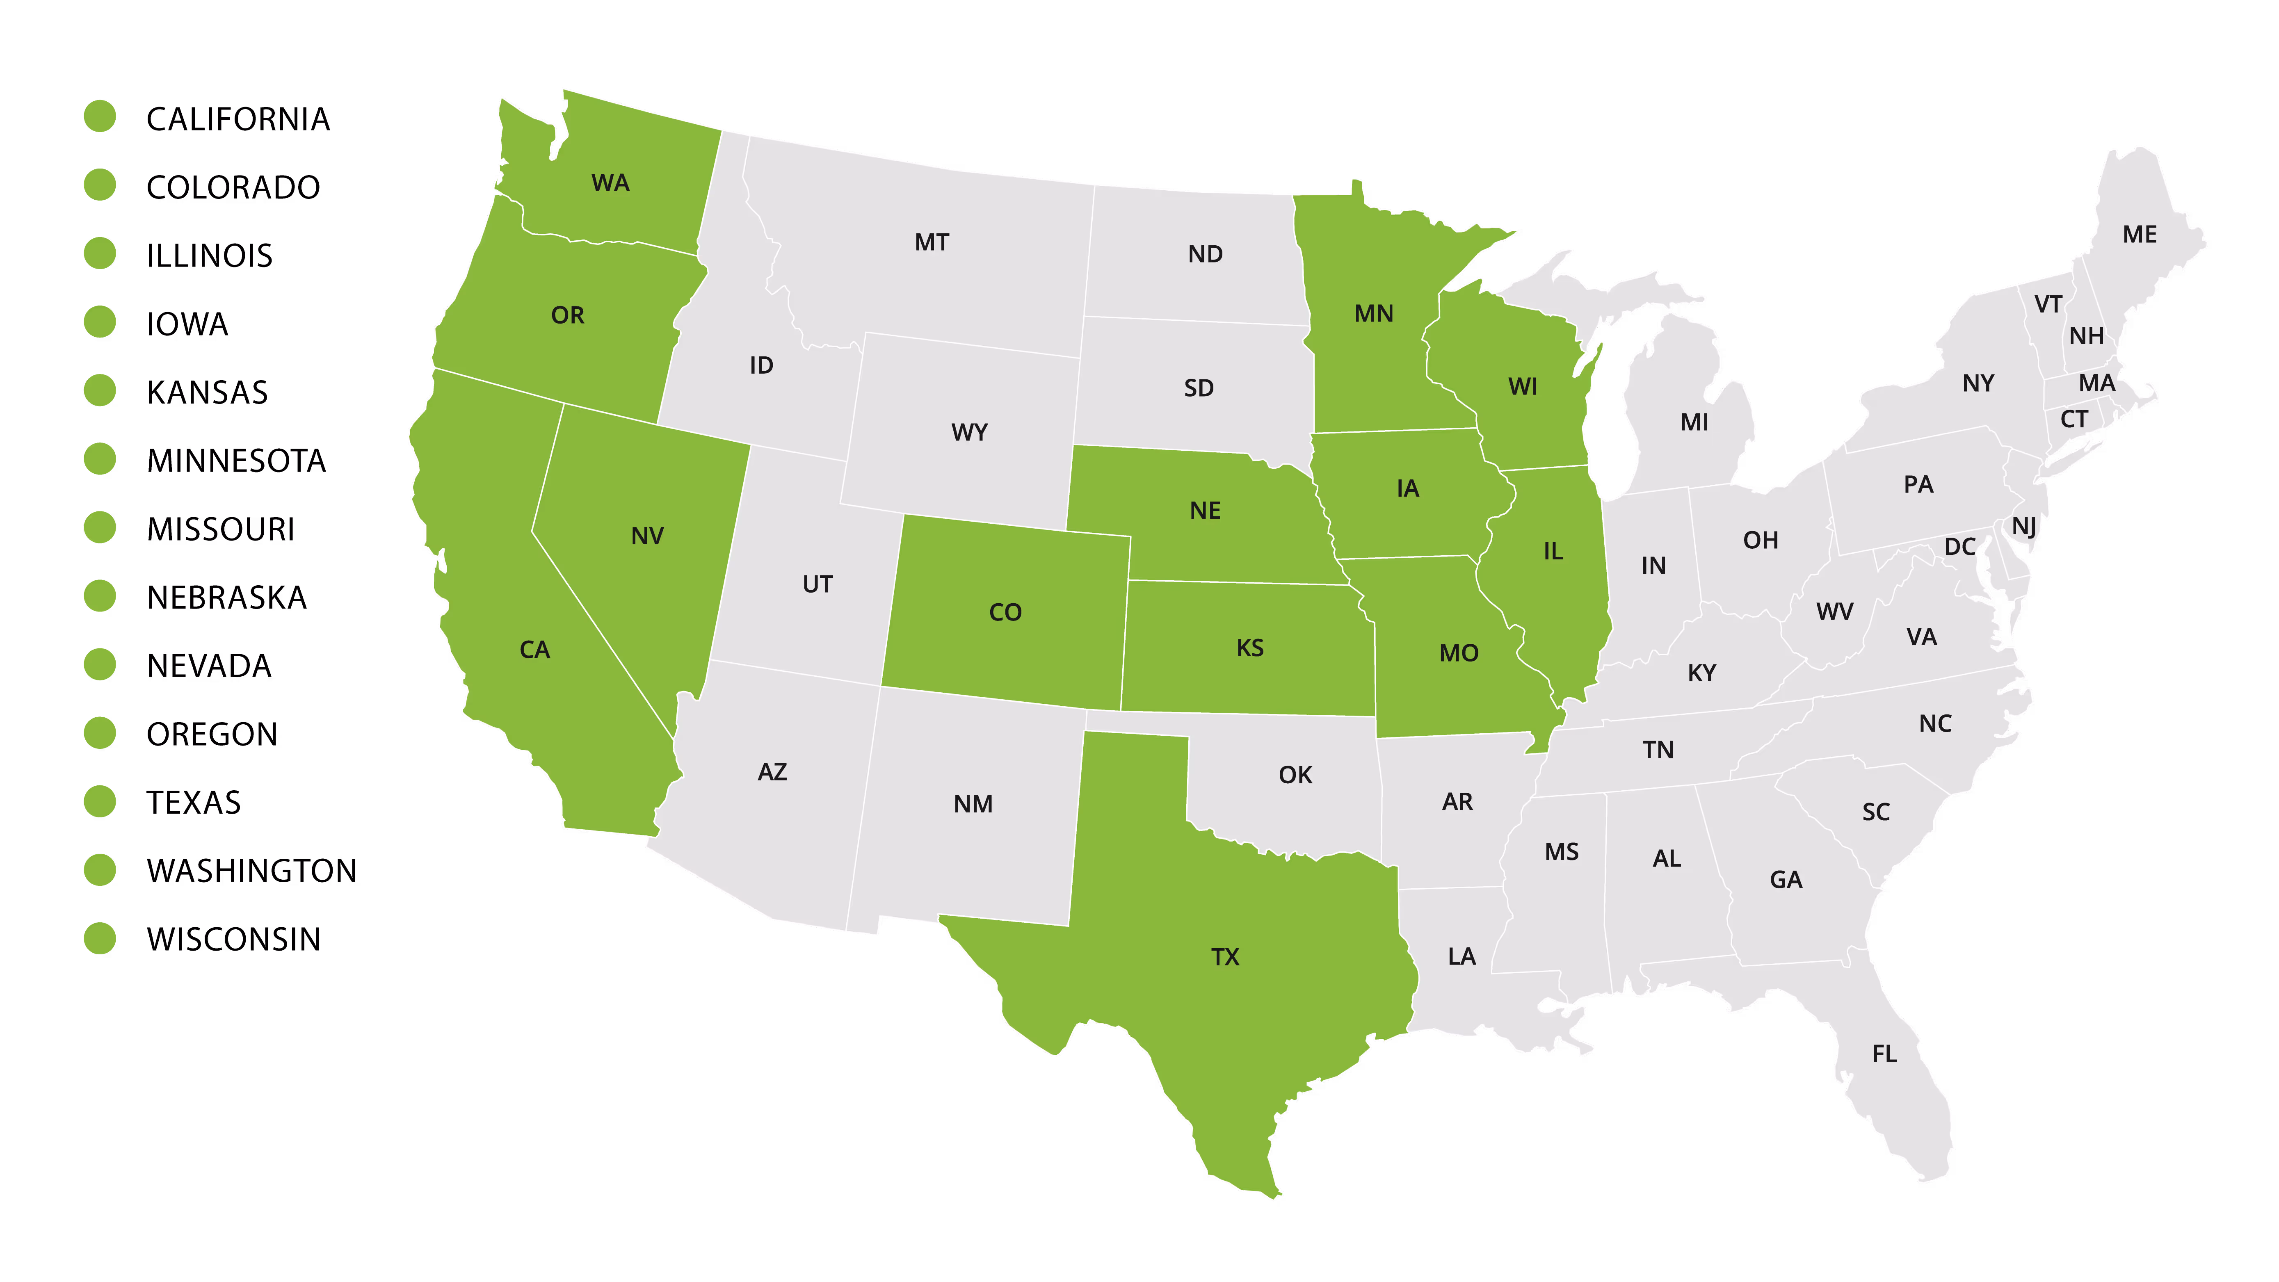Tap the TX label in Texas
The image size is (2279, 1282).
(1225, 957)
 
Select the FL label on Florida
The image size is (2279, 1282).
(1884, 1054)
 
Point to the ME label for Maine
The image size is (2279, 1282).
(2139, 235)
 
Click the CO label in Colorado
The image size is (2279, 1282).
(1005, 612)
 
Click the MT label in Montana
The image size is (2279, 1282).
(932, 242)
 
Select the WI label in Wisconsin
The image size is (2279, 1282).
(1523, 387)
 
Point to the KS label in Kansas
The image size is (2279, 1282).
(1250, 648)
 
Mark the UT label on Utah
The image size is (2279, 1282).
(818, 584)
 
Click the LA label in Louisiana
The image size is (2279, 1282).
(1461, 956)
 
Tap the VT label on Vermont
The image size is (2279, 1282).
(2048, 304)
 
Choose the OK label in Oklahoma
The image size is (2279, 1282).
(1295, 775)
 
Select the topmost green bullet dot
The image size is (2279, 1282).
(100, 116)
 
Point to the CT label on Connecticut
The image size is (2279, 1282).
(2074, 420)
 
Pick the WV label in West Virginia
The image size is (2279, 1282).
(1834, 611)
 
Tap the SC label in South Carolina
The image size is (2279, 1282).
(1875, 812)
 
